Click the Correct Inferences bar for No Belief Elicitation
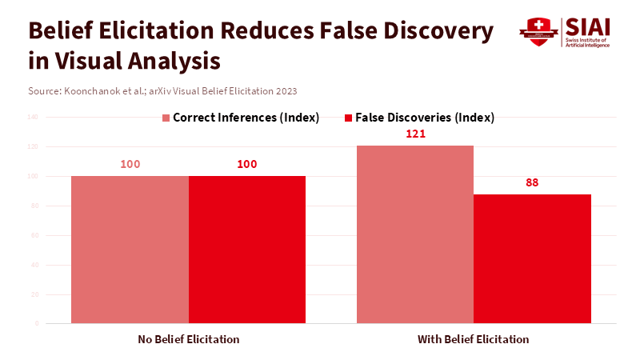tap(130, 250)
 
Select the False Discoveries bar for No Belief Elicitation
tap(247, 250)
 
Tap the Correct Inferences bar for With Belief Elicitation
tap(415, 234)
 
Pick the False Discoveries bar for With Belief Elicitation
tap(532, 258)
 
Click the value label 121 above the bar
tap(415, 134)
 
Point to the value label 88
tap(532, 182)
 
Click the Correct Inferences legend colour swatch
tap(166, 118)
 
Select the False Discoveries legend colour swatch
tap(348, 118)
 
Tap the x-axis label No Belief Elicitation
tap(189, 339)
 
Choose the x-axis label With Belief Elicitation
tap(474, 339)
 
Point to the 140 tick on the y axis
tap(33, 118)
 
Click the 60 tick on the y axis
tap(34, 235)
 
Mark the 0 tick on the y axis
tap(36, 324)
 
